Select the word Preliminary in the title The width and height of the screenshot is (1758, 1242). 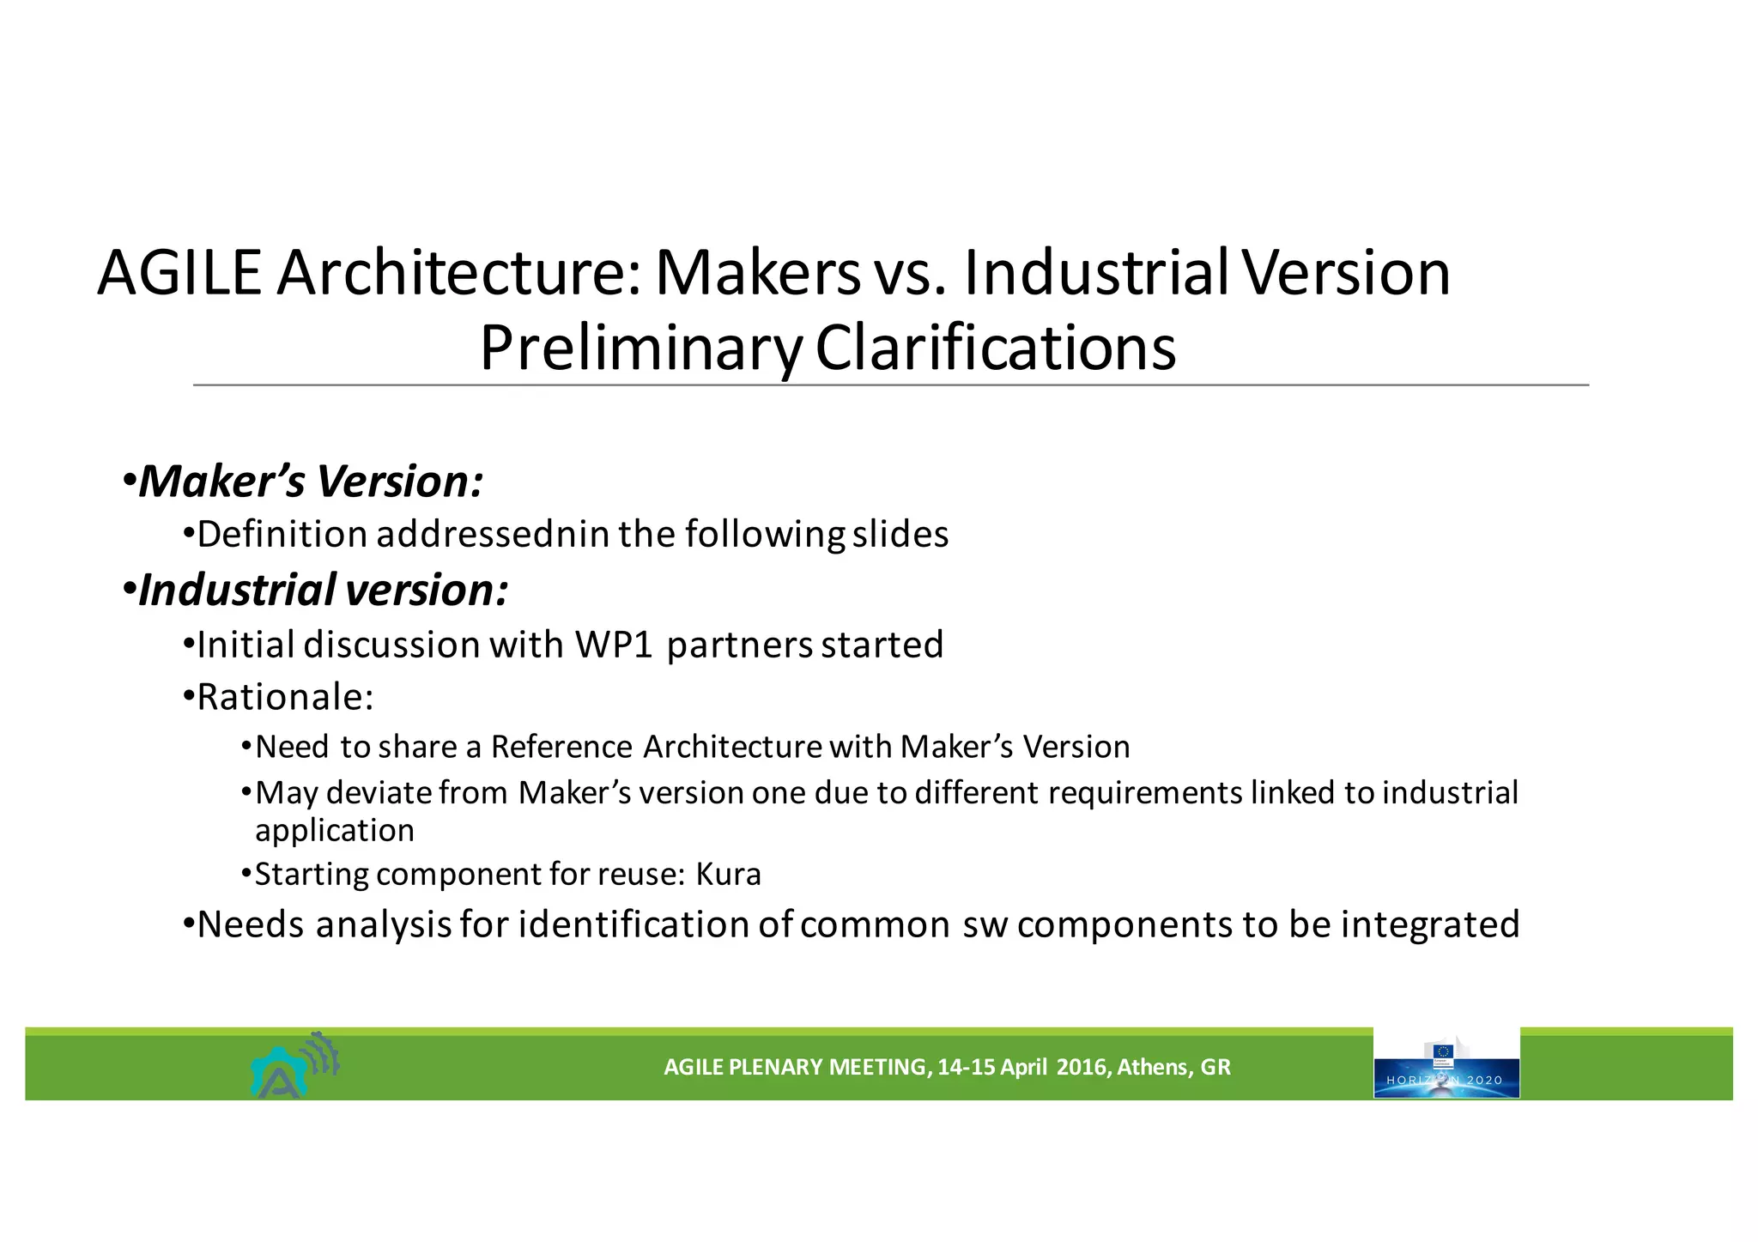pos(640,348)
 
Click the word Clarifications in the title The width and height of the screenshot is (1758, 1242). pos(995,348)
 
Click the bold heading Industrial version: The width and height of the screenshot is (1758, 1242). pos(323,591)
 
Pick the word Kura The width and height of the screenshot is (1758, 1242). pos(728,875)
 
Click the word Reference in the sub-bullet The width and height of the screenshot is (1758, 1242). pos(561,747)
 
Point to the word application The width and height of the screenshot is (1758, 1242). pos(335,831)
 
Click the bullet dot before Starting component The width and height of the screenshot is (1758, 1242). pos(246,874)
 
